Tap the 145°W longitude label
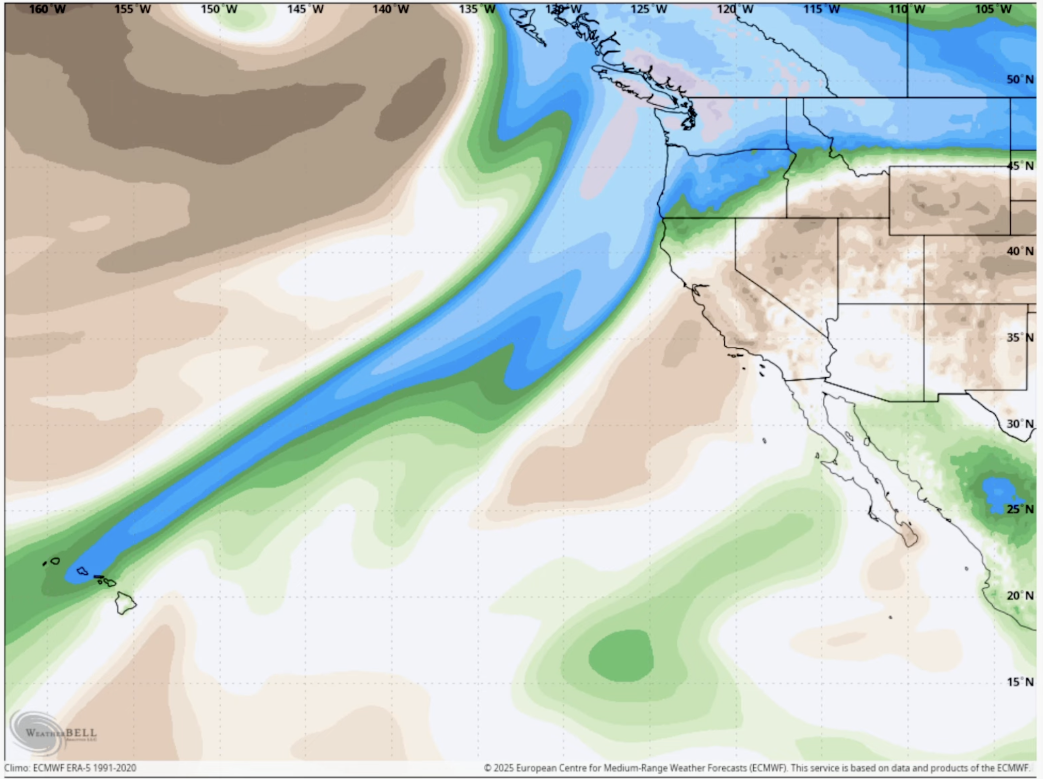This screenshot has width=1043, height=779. click(x=305, y=9)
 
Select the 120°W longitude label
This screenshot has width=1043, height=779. click(x=735, y=9)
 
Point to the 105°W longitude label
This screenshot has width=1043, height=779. click(x=993, y=9)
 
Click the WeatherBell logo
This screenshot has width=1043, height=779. click(x=55, y=733)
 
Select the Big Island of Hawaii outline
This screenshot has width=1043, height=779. click(x=126, y=603)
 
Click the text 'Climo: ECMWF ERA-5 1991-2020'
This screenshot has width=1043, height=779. click(x=70, y=768)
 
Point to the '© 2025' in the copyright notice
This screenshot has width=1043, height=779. click(x=499, y=768)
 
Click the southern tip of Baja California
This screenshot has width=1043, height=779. click(x=911, y=539)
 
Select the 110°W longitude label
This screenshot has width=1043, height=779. click(x=907, y=9)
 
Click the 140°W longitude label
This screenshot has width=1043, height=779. click(x=391, y=9)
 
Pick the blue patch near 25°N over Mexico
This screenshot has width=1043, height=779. click(x=999, y=494)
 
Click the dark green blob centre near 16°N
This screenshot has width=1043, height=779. click(x=621, y=656)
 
